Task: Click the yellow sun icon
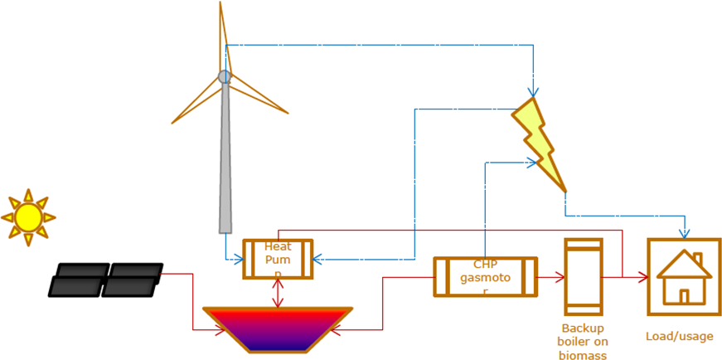coord(27,217)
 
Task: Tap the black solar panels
coord(105,280)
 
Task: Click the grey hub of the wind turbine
coord(225,77)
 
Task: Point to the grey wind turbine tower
coord(225,166)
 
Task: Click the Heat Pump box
coord(278,259)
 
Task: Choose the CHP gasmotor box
coord(485,276)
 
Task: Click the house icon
coord(684,277)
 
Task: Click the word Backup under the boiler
coord(583,328)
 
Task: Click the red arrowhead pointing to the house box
coord(642,276)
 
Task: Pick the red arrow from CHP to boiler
coord(550,276)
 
